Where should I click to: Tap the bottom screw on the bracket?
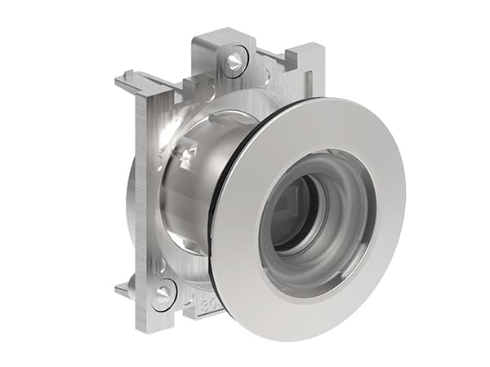(164, 294)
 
